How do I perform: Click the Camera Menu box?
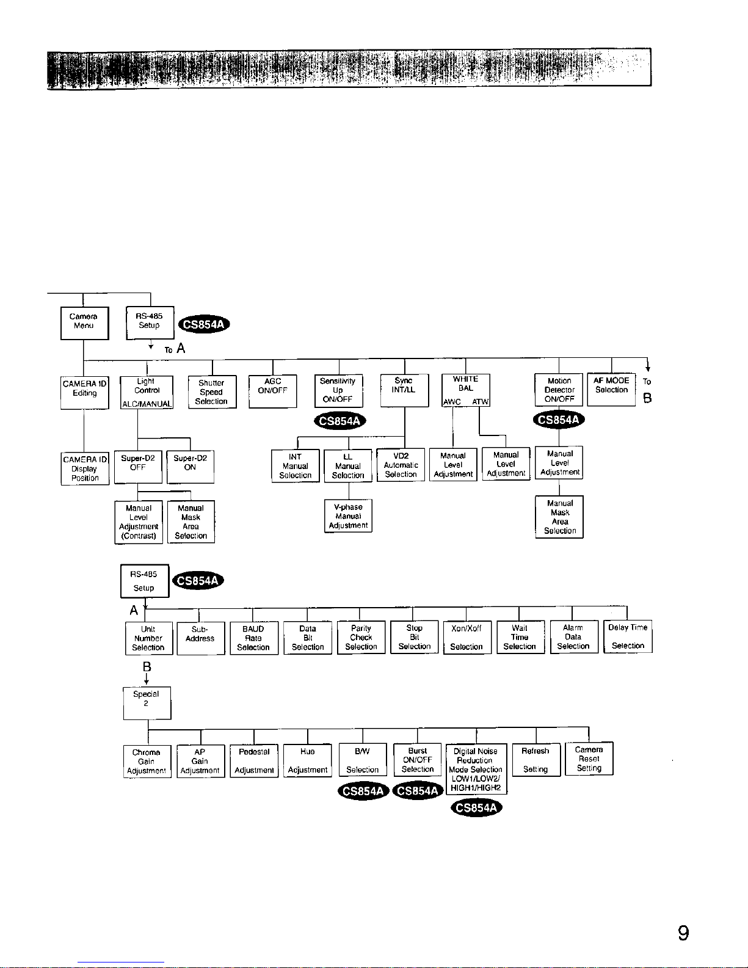coord(84,322)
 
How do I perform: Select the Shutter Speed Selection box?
coord(212,392)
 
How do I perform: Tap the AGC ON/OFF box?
coord(272,391)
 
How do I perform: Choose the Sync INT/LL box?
coord(404,390)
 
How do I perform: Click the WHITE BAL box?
coord(465,390)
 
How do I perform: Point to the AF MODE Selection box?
coord(611,390)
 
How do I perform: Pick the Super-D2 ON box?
coord(191,467)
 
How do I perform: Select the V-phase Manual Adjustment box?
coord(348,516)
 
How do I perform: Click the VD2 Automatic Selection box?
coord(401,465)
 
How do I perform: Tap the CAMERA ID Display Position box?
coord(85,468)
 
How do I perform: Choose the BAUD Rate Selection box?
coord(253,638)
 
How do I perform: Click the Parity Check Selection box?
coord(361,637)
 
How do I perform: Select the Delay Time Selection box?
coord(628,636)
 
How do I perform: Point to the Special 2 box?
coord(147,703)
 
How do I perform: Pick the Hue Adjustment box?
coord(308,760)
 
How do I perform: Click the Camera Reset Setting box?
coord(589,759)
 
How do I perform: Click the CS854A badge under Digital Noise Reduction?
coord(476,808)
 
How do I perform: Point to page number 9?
coord(683,933)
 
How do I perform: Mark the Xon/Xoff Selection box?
coord(467,637)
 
